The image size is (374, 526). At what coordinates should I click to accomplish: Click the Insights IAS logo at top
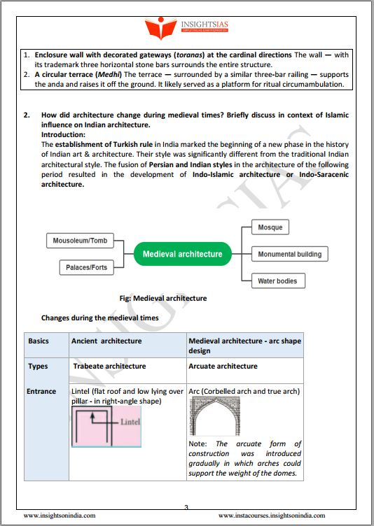coord(187,27)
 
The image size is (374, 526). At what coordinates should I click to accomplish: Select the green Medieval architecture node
coord(182,254)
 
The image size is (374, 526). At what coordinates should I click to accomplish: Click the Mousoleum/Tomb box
coord(80,241)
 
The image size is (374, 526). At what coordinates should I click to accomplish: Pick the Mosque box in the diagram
coord(270,227)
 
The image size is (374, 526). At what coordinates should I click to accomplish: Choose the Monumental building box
coord(290,254)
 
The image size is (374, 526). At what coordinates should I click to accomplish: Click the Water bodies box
coord(277,281)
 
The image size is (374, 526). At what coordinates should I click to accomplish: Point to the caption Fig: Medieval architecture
coord(162,298)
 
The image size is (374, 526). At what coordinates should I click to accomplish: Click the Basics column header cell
coord(39,341)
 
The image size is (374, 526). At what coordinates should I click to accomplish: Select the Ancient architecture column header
coord(106,341)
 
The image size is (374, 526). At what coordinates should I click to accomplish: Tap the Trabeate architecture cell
coord(109,366)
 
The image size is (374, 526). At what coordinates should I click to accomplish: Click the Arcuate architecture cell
coord(223,366)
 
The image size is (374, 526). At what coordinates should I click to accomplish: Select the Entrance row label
coord(41,391)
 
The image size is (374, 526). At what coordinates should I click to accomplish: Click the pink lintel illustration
coord(106,427)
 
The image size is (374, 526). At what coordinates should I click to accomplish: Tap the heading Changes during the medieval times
coord(99,317)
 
